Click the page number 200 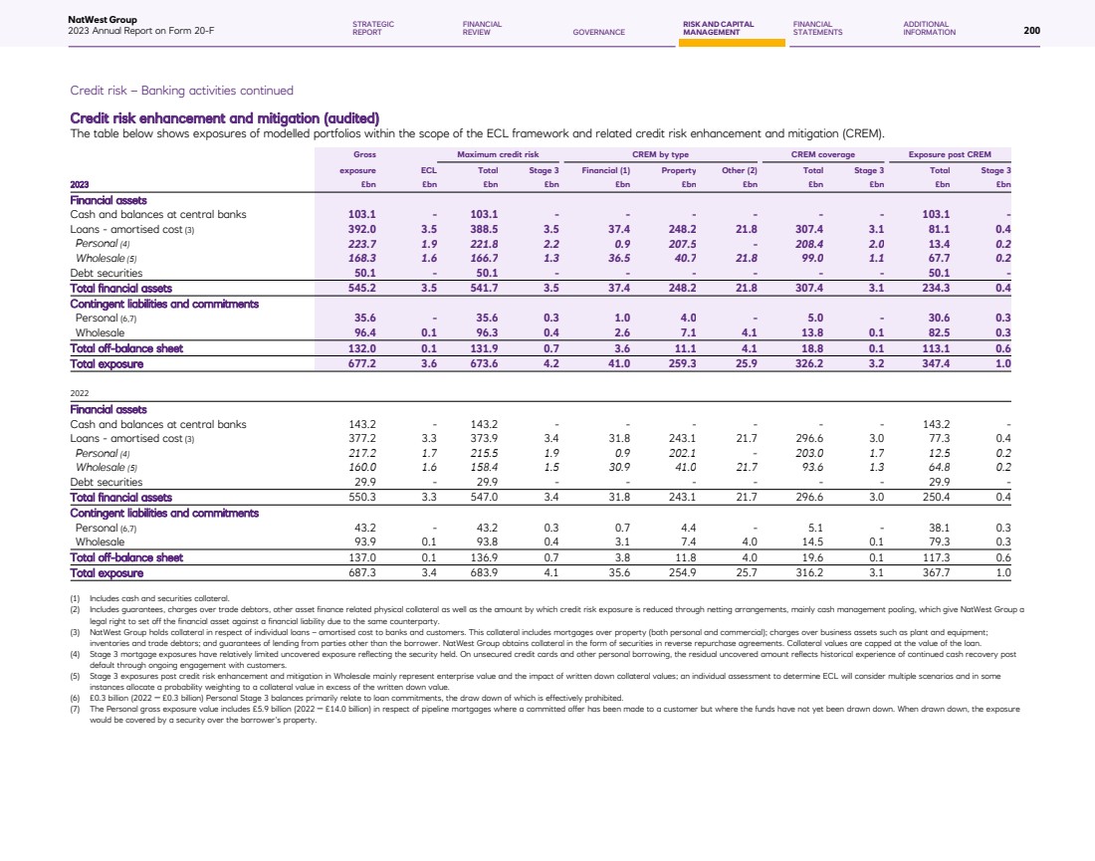click(1031, 31)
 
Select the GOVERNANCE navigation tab click(598, 32)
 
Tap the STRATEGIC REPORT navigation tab click(373, 28)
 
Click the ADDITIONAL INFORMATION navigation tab click(929, 28)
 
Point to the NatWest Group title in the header click(103, 20)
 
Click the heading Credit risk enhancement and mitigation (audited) click(224, 119)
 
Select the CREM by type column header click(660, 154)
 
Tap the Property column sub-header click(678, 170)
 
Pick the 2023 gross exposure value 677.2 click(360, 364)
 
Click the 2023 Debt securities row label click(106, 272)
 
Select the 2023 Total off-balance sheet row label click(126, 348)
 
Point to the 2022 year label click(80, 393)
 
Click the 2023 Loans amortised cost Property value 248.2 click(679, 228)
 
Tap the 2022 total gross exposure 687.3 click(360, 572)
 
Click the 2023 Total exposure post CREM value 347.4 click(939, 364)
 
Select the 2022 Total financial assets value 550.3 click(360, 497)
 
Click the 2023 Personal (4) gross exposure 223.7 click(360, 243)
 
